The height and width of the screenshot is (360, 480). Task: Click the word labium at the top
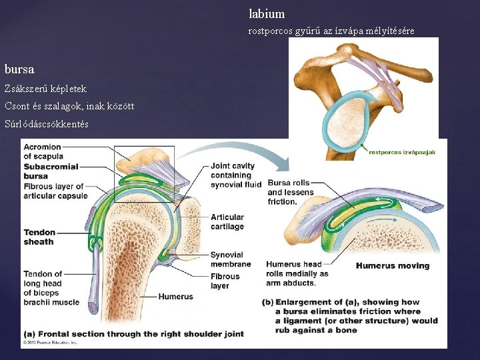point(267,13)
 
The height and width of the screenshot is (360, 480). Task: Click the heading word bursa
point(19,69)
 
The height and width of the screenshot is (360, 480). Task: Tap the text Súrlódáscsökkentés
point(47,124)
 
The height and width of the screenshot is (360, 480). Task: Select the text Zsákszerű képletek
point(45,88)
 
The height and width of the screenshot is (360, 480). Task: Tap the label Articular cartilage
point(227,221)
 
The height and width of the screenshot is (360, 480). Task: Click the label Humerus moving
point(393,265)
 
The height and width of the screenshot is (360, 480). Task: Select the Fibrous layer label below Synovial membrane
point(225,281)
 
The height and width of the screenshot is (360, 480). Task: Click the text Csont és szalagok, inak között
point(63,106)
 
